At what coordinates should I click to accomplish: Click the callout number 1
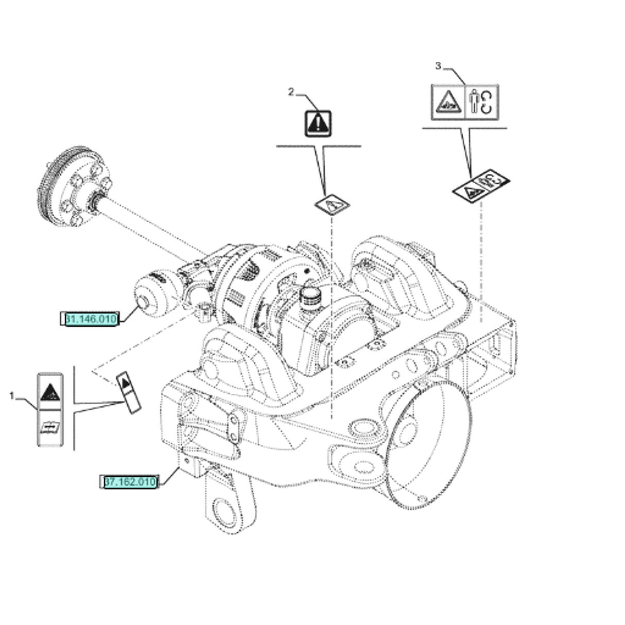tap(12, 395)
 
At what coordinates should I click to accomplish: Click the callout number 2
tap(291, 92)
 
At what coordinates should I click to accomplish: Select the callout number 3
tap(438, 66)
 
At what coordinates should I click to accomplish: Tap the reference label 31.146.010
tap(90, 320)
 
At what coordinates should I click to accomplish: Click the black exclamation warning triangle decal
tap(318, 124)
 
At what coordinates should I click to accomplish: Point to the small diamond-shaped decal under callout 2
tap(332, 204)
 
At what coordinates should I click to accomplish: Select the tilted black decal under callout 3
tap(481, 186)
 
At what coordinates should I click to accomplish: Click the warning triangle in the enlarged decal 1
tap(49, 392)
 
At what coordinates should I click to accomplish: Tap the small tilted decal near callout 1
tap(128, 392)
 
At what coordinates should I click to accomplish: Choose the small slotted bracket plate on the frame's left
tap(233, 427)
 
